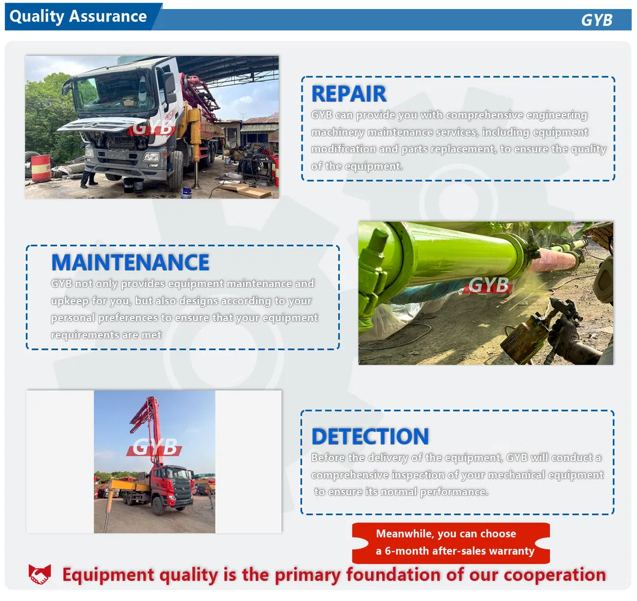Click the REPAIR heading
point(348,94)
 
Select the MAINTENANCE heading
point(130,262)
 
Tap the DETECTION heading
point(370,436)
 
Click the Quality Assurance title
point(78,16)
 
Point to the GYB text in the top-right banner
point(596,20)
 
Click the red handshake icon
point(40,575)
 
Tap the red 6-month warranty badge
point(451,543)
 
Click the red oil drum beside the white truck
point(41,168)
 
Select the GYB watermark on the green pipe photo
point(488,285)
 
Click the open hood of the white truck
point(102,124)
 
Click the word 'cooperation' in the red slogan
point(554,575)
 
